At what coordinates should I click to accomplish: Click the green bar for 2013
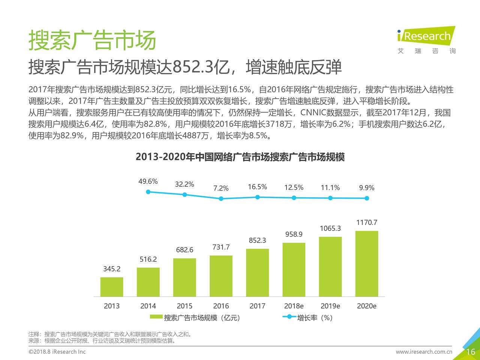coord(112,287)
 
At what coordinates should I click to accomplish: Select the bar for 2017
coord(257,273)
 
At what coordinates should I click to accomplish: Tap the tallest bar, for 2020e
coord(367,264)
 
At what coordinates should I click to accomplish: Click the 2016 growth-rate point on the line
coord(221,198)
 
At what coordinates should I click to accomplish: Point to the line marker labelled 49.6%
coord(148,192)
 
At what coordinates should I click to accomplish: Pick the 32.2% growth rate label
coord(184,184)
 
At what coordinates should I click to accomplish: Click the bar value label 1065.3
coord(330,228)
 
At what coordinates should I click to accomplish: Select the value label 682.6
coord(184,250)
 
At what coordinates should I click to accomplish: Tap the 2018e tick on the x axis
coord(294,306)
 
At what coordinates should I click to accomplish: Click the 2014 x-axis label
coord(148,306)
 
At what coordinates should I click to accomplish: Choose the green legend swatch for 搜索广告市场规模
coord(156,317)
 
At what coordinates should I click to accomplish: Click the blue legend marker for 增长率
coord(289,317)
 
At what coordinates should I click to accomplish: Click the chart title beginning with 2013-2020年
coord(240,157)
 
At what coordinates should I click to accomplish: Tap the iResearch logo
coord(426,36)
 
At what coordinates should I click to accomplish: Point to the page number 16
coord(470,352)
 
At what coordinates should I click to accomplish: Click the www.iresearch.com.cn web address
coord(424,352)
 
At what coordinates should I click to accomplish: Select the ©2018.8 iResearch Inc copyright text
coord(57,352)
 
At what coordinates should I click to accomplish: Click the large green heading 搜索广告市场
coord(92,40)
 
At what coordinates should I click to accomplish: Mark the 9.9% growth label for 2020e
coord(367,188)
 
